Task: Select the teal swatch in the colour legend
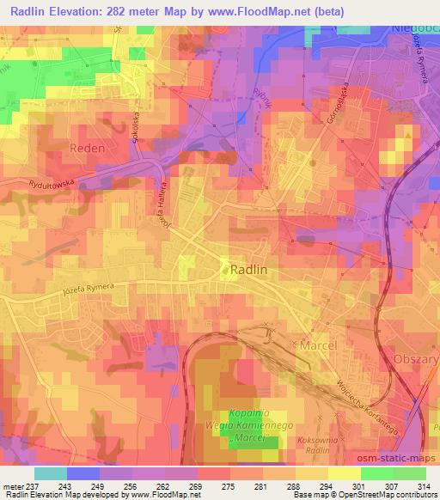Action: (x=49, y=473)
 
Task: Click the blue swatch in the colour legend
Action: (x=82, y=473)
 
